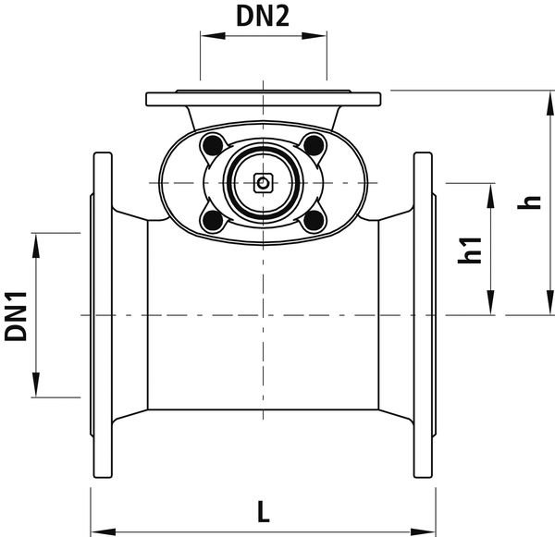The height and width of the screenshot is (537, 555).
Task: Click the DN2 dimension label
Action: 263,17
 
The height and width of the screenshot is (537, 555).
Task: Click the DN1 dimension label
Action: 16,317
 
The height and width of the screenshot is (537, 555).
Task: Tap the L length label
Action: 263,511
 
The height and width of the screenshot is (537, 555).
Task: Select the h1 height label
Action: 470,250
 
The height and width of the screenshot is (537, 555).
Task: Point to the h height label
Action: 529,202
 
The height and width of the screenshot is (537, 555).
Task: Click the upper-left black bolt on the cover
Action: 213,145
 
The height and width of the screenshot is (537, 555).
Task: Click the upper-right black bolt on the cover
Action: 314,144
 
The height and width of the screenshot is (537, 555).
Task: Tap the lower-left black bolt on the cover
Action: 213,221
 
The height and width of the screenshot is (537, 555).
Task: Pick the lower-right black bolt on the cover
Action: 314,221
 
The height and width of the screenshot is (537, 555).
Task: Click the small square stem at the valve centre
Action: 263,183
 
